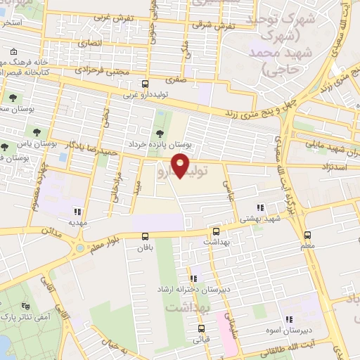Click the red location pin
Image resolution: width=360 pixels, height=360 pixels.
[x=181, y=164]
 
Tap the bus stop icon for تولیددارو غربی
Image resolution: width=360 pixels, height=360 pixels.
[x=146, y=83]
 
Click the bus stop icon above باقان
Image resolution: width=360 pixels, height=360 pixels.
[x=146, y=236]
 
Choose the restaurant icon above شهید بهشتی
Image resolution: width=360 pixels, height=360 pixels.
[x=261, y=207]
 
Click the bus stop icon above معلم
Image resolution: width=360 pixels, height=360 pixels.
[x=307, y=235]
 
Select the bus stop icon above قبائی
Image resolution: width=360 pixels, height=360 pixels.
[x=202, y=328]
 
